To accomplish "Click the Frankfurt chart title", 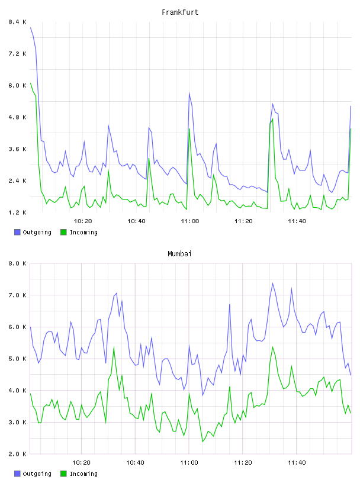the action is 180,12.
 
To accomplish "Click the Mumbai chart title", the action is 179,254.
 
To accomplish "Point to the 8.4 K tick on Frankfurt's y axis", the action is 17,22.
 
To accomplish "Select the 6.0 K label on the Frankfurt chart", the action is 17,85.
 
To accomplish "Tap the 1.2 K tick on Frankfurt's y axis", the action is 17,212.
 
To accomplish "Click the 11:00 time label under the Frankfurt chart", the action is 190,221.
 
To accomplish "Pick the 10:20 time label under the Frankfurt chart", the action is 83,221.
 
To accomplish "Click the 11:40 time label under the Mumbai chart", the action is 297,462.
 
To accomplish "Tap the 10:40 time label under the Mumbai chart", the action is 136,462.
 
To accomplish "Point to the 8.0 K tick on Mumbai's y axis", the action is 17,263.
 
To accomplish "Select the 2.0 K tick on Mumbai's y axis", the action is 17,454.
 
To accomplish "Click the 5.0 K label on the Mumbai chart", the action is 17,359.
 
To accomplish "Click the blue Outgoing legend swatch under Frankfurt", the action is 17,232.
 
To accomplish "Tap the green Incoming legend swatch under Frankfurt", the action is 63,232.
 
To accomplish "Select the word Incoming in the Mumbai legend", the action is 83,474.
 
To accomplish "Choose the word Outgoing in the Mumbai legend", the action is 37,474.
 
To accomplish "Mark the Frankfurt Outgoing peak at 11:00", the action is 189,93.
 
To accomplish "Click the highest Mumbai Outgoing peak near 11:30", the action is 272,283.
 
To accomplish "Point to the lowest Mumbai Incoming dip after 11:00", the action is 202,442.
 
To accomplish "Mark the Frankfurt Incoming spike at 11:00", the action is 189,129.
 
